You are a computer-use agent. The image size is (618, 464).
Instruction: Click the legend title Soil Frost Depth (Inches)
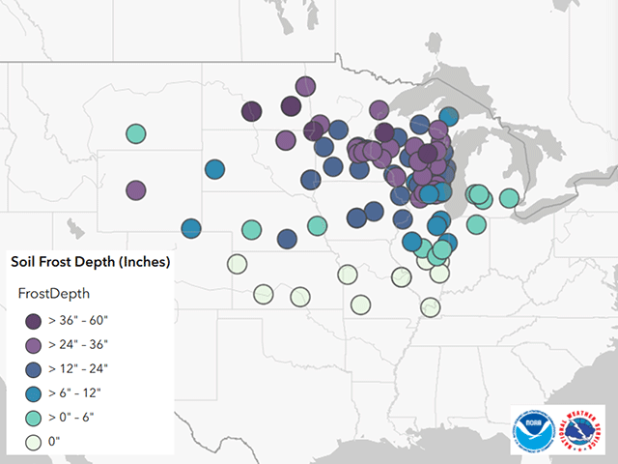coord(90,262)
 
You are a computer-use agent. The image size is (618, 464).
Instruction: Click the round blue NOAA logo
coord(535,429)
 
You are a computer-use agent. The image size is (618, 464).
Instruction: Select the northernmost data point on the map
coord(305,87)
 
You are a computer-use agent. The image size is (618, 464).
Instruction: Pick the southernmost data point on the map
coord(431,307)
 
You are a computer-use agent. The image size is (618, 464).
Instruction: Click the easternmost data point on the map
coord(508,200)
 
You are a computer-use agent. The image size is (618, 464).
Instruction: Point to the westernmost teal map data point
coord(136,133)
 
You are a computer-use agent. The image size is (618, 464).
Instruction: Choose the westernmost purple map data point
coord(136,189)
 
